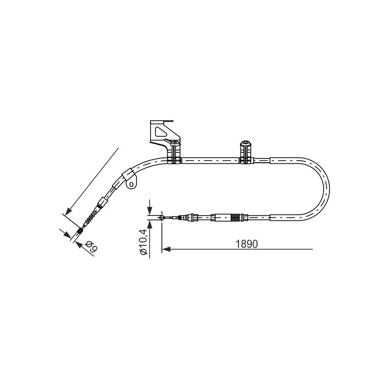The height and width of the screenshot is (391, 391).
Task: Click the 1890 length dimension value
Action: pos(247,244)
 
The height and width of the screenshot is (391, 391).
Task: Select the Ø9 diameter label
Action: pos(91,246)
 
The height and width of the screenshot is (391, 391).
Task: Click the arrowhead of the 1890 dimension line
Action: pos(166,249)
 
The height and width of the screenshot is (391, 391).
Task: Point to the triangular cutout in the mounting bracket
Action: pos(159,131)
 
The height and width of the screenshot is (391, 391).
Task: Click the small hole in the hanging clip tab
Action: pos(132,184)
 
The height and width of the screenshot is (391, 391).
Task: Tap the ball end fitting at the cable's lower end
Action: pos(162,217)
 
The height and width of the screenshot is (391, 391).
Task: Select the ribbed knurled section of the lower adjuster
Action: pos(235,217)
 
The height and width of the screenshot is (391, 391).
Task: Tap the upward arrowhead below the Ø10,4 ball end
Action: pos(150,224)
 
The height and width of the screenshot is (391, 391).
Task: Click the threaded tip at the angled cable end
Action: pos(80,231)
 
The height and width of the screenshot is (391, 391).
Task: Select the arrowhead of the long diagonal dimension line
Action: pos(68,211)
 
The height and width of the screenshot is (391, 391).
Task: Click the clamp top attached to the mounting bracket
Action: pos(174,143)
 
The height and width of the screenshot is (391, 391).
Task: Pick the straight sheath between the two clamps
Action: pos(211,161)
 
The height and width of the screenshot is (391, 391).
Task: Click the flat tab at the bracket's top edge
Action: pos(169,121)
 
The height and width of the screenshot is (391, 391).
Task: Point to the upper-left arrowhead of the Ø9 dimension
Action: pos(66,234)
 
